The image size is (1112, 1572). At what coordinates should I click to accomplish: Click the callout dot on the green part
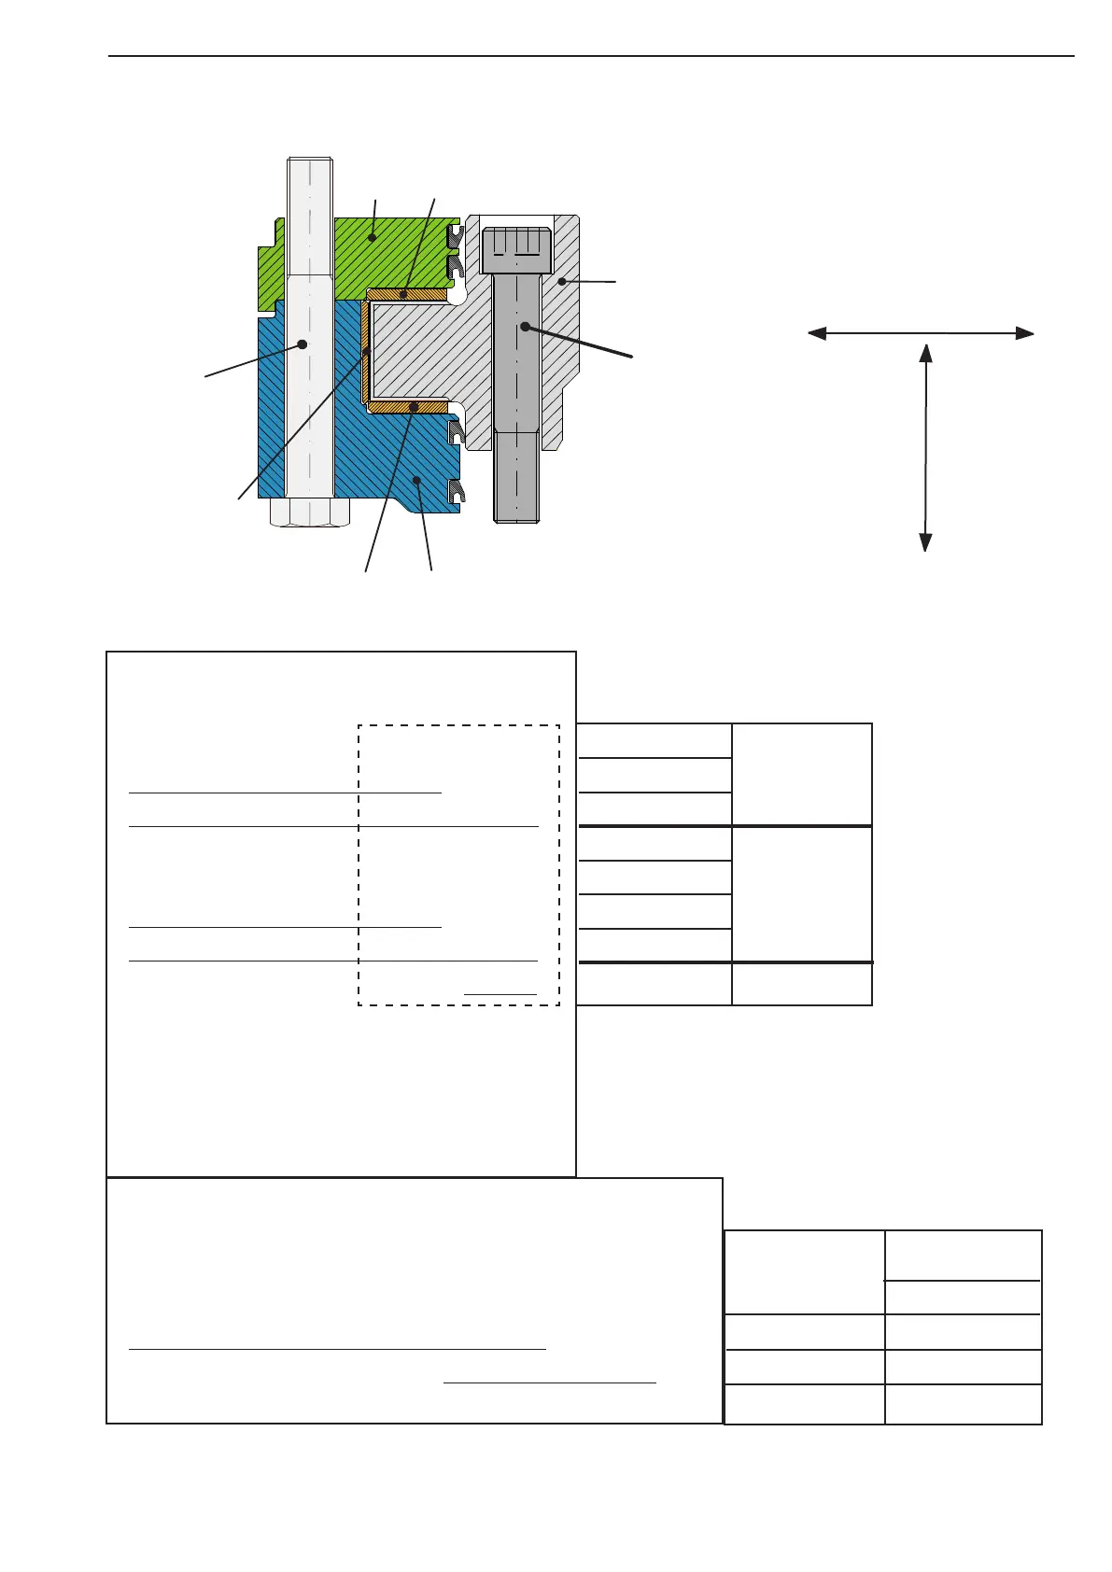[372, 237]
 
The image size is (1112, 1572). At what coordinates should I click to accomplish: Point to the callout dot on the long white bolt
[303, 344]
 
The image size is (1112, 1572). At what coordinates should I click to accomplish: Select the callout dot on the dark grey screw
[526, 327]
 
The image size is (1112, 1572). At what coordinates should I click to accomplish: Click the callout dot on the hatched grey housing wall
[562, 280]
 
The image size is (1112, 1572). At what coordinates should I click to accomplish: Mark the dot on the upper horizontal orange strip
[404, 294]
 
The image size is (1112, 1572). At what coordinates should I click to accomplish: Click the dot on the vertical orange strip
[366, 352]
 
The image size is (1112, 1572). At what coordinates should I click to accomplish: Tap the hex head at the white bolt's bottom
[310, 512]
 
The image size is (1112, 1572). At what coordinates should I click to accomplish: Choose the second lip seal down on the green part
[455, 267]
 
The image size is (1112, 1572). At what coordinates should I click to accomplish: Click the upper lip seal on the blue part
[457, 432]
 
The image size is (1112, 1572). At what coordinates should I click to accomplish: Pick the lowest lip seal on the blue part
[455, 491]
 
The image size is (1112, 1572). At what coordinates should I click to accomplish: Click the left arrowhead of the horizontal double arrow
[816, 333]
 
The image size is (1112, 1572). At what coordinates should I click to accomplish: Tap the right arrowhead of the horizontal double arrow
[1025, 333]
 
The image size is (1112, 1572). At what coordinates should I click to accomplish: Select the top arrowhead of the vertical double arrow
[925, 353]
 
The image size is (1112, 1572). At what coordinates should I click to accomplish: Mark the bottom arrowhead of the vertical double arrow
[925, 541]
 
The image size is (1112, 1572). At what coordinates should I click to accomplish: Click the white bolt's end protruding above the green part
[310, 187]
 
